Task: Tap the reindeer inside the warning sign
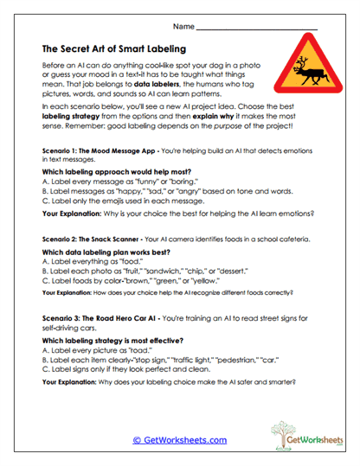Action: [x=303, y=68]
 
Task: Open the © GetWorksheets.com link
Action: [x=179, y=440]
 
